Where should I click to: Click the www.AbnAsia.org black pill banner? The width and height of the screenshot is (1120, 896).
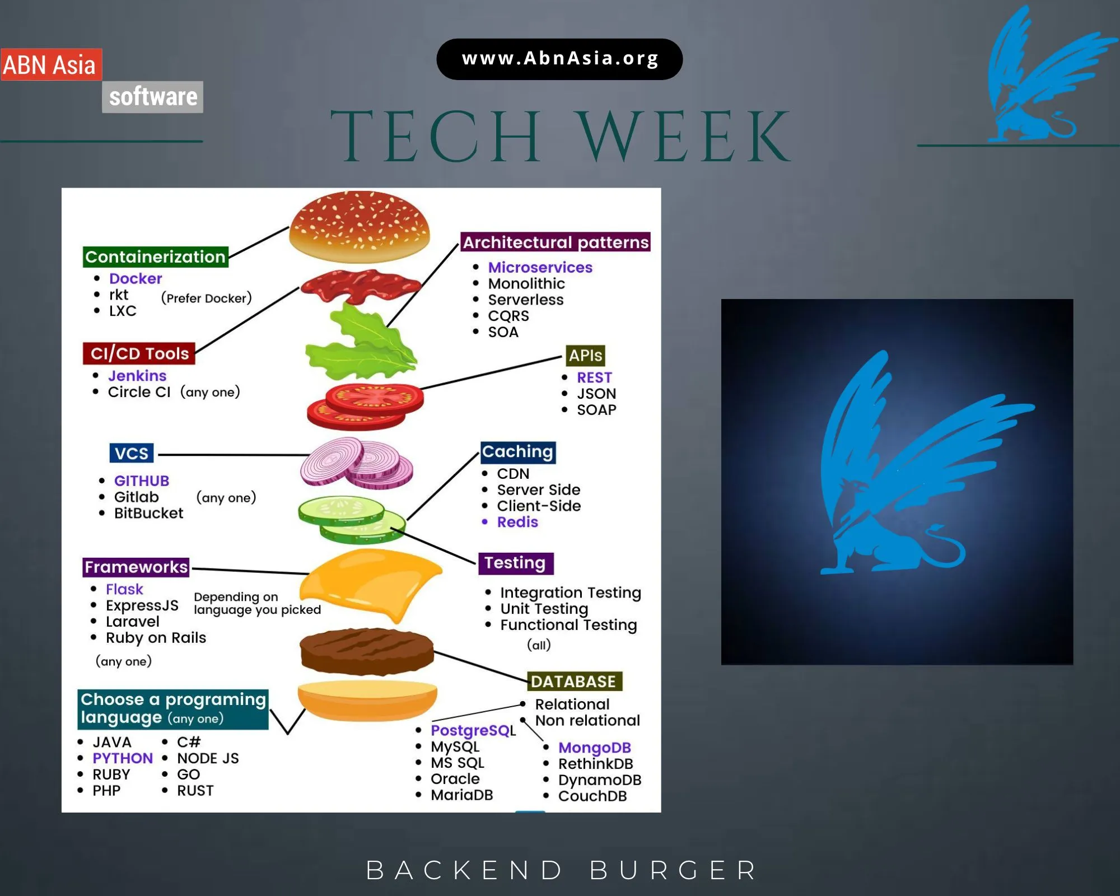click(559, 59)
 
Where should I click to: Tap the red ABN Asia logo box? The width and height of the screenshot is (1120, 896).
click(51, 64)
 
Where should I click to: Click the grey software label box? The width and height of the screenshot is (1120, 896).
click(152, 97)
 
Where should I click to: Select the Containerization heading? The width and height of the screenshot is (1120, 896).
click(155, 257)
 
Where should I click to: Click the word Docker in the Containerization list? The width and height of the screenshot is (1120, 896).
click(136, 278)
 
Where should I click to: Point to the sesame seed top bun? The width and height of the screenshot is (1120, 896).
click(359, 226)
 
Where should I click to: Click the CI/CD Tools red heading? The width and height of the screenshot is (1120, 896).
click(139, 353)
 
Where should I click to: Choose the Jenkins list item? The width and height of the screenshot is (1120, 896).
click(137, 375)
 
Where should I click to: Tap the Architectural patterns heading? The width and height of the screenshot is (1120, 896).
click(555, 242)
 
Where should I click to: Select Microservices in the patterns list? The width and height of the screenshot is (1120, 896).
click(540, 267)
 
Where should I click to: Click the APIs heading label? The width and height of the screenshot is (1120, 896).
click(585, 355)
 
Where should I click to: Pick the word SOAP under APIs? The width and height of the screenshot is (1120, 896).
click(596, 410)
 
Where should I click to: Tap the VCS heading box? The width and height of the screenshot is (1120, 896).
click(132, 453)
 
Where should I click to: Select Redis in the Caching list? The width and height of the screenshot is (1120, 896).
click(517, 522)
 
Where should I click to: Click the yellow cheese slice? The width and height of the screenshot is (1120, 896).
click(370, 582)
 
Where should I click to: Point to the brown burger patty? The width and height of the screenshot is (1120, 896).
click(367, 651)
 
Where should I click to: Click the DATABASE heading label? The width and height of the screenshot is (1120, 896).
click(573, 682)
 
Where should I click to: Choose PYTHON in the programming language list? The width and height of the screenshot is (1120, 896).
click(123, 758)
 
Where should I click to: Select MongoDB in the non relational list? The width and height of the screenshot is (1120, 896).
click(594, 748)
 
